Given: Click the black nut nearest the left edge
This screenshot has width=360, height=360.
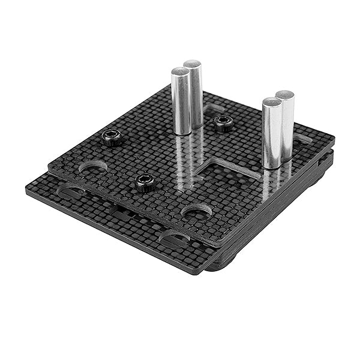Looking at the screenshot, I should point(112,138).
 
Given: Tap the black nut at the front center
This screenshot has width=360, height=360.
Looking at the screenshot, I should point(145,182).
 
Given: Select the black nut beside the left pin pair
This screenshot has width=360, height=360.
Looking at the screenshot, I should point(224,124).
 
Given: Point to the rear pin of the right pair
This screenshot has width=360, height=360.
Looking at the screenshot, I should point(286,123).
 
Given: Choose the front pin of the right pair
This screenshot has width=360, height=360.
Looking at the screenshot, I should point(272,132).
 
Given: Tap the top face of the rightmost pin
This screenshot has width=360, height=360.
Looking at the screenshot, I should point(285,95).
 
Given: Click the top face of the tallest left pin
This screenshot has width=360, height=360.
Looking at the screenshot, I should point(193,64).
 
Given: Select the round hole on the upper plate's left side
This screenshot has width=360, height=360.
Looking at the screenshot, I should point(93,166).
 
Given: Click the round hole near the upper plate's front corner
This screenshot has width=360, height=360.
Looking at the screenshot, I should point(196,211).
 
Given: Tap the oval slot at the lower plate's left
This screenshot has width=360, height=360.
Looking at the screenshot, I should point(71,192).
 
